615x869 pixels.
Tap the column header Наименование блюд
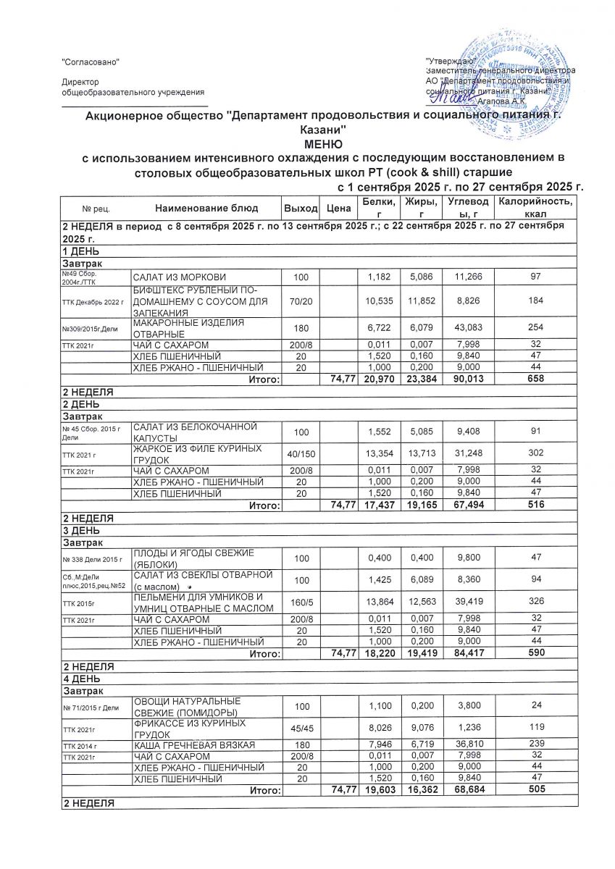coord(206,208)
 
